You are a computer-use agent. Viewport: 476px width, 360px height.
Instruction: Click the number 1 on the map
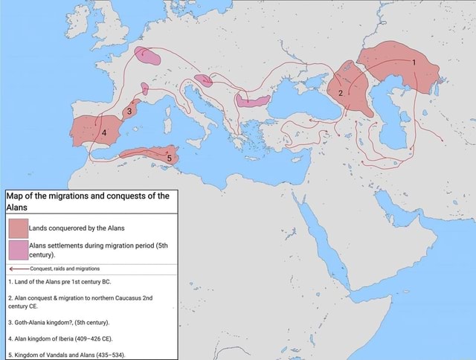[414, 62]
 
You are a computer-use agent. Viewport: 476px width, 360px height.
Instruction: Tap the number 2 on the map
[341, 93]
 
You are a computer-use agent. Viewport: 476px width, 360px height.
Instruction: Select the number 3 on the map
[130, 112]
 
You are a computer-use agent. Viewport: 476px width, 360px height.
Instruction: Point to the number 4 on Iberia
[104, 133]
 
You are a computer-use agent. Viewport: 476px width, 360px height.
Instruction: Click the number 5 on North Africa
[169, 158]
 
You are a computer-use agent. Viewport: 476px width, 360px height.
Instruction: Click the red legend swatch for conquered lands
[18, 228]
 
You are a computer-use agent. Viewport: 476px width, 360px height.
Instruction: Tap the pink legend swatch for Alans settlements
[18, 250]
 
